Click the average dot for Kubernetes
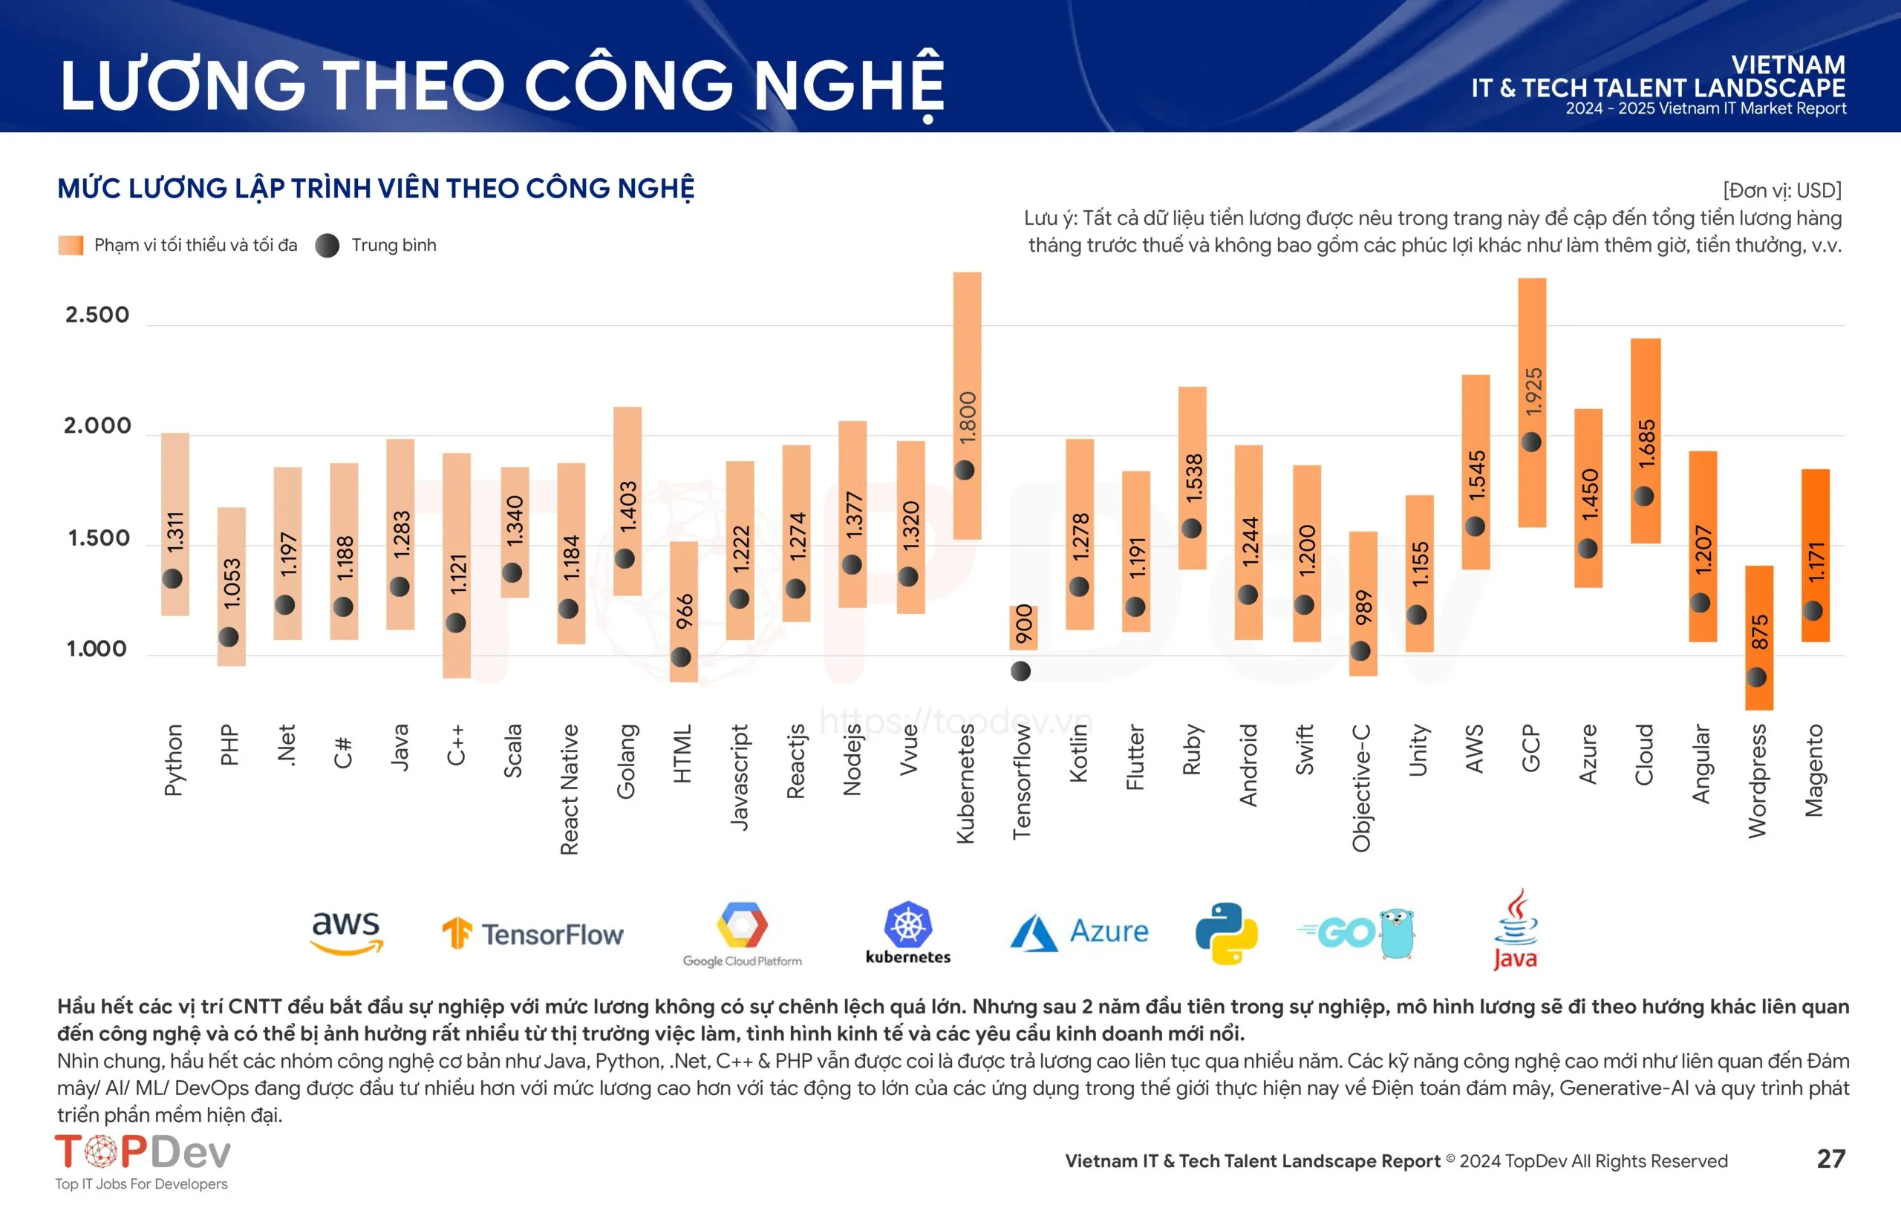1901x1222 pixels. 965,470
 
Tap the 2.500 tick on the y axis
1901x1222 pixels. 97,315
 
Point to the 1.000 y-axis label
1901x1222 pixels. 97,649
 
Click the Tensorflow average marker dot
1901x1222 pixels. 1021,671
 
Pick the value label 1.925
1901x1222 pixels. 1533,391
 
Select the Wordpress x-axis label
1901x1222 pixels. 1758,781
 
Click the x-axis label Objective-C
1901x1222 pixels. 1361,787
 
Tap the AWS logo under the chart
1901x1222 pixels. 347,932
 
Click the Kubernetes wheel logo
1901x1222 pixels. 908,925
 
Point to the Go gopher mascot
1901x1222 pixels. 1397,933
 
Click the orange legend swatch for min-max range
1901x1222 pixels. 71,245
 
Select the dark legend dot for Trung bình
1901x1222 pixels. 327,245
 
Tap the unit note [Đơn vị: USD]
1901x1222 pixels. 1781,191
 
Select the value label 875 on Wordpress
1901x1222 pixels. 1760,632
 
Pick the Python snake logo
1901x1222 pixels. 1226,933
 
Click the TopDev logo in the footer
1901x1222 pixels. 143,1152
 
